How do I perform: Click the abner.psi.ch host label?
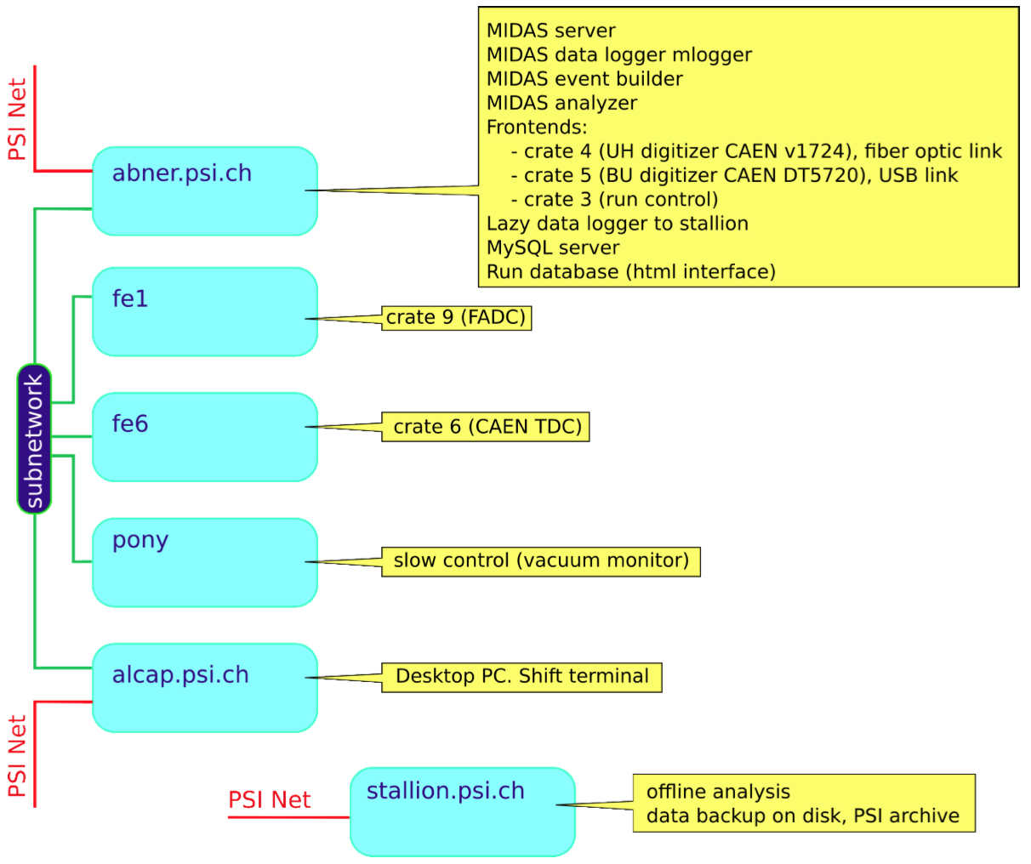point(182,173)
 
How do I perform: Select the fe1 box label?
point(130,298)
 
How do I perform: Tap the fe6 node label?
point(130,423)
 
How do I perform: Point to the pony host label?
point(140,541)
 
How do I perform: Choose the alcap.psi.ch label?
point(180,675)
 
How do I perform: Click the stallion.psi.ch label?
point(445,791)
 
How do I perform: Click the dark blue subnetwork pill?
point(34,439)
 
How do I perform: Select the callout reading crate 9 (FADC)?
point(456,318)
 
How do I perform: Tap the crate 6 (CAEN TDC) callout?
point(487,427)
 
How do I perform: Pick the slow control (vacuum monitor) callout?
point(541,561)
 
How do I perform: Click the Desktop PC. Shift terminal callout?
point(522,677)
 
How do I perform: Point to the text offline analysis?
point(718,792)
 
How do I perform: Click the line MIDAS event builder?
point(584,79)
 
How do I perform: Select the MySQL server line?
point(553,247)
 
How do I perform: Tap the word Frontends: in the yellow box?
point(537,128)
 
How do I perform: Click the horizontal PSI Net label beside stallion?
point(269,800)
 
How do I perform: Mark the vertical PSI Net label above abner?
point(17,119)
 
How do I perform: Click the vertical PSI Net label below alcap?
point(17,755)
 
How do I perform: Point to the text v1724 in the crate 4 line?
point(820,151)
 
